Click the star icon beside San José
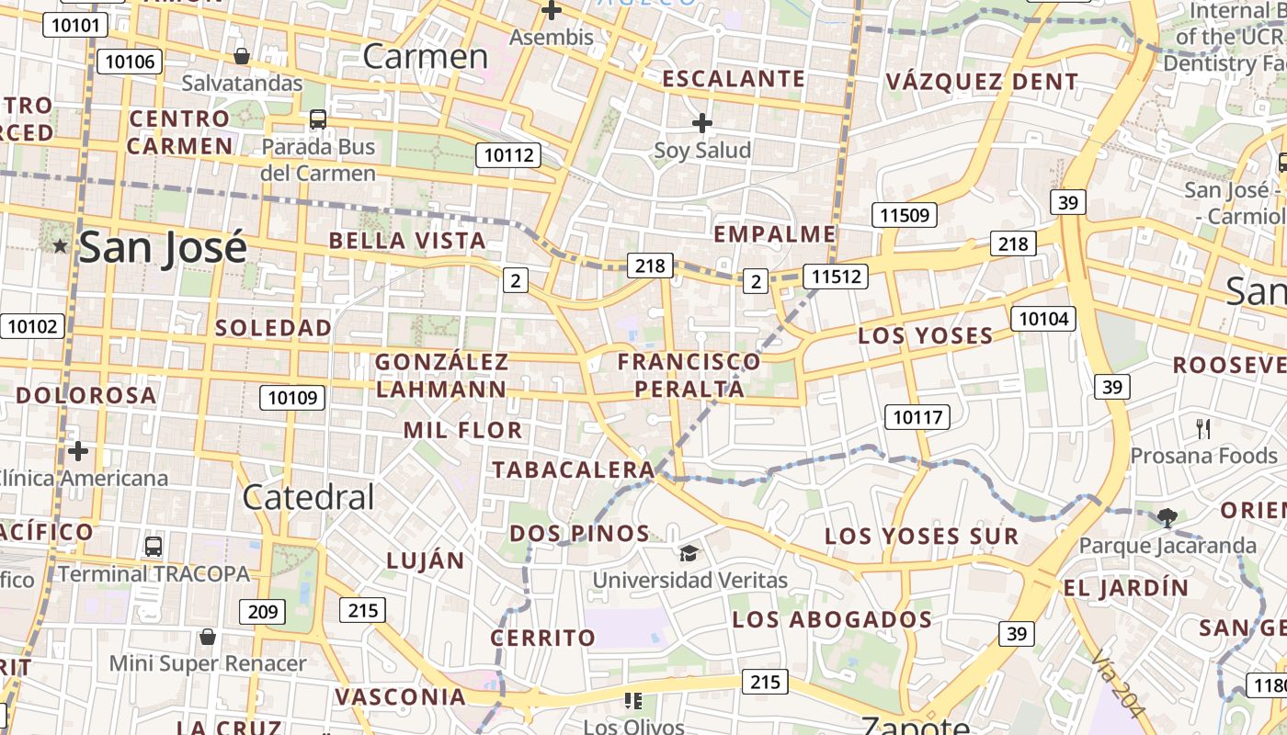[61, 245]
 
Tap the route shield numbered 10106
[129, 62]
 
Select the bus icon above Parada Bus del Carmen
[317, 119]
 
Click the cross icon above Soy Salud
[702, 122]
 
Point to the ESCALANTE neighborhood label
[734, 79]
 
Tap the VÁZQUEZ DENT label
[982, 82]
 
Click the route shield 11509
[905, 216]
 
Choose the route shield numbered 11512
[835, 276]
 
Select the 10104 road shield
[1043, 319]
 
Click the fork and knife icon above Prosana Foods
[1203, 428]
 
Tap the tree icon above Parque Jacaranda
[1167, 518]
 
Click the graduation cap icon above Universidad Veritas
[689, 552]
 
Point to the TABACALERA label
[573, 470]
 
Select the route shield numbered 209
[262, 611]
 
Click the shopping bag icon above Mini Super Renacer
[208, 637]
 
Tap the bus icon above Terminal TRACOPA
[154, 547]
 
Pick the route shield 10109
[292, 398]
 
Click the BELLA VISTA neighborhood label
[407, 241]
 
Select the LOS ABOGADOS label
[832, 620]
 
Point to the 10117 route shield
[917, 417]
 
